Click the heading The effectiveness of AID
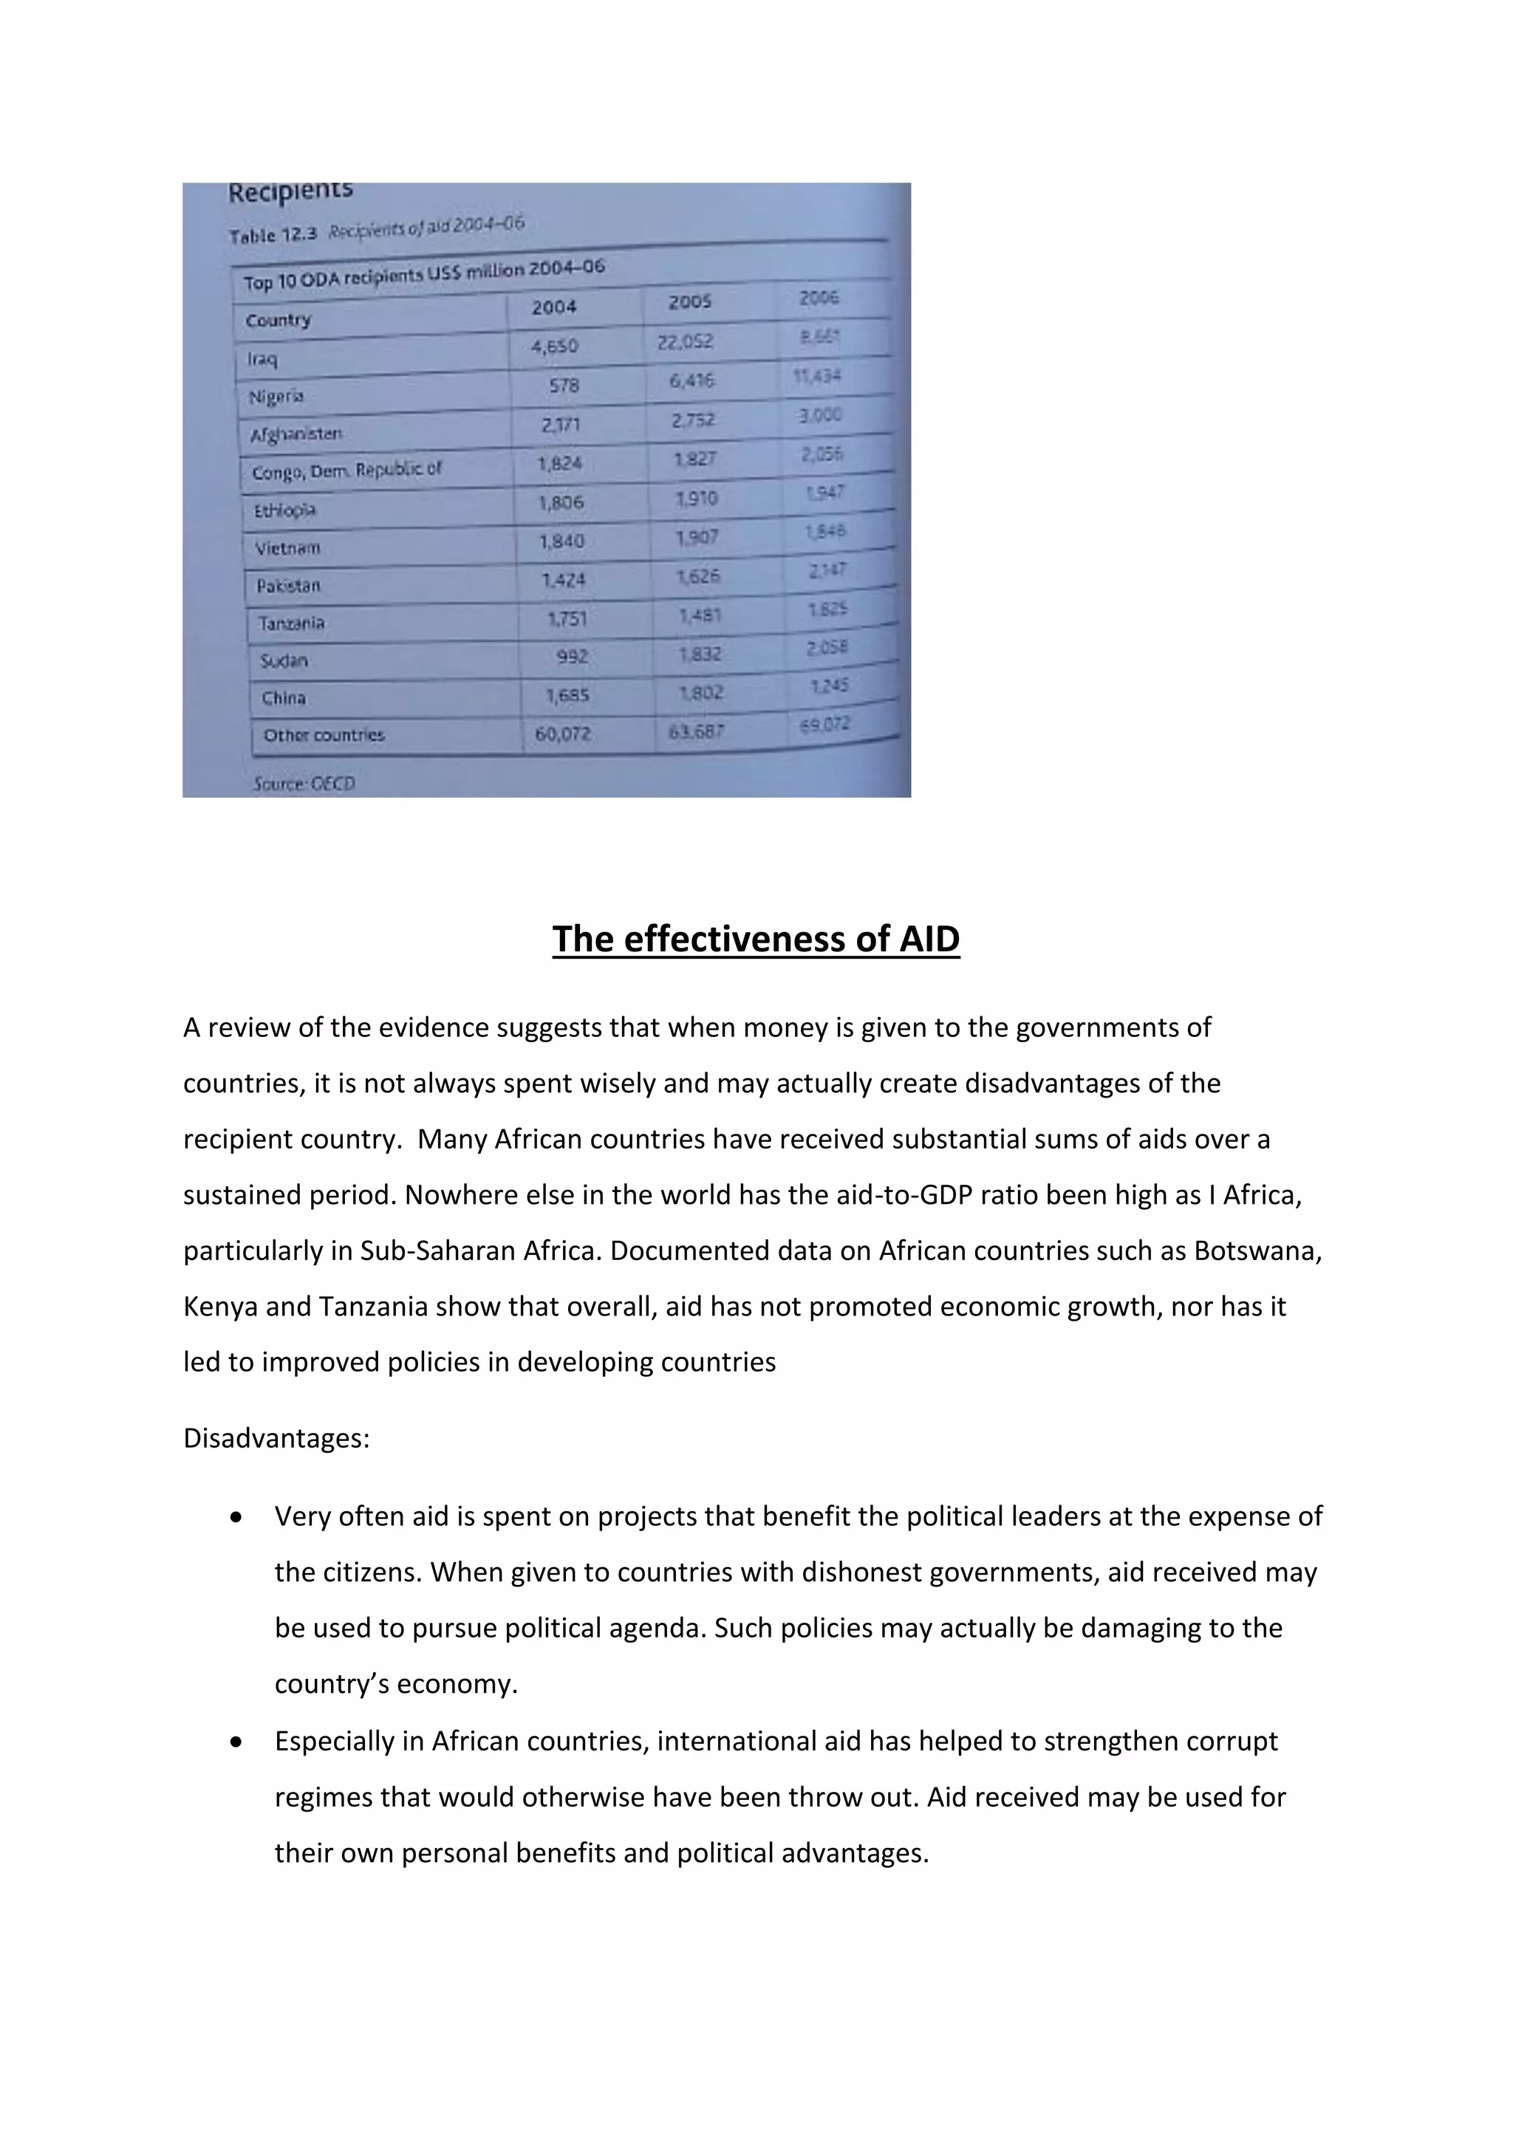(x=756, y=939)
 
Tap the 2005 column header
(x=689, y=302)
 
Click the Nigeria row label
(x=276, y=397)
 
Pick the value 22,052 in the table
(x=685, y=342)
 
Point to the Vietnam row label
(x=288, y=548)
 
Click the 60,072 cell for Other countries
(x=563, y=734)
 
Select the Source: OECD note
(x=304, y=784)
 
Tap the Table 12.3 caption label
(x=273, y=235)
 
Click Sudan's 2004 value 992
(x=572, y=657)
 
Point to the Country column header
(x=278, y=321)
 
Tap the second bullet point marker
(x=236, y=1741)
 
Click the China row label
(x=283, y=698)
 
